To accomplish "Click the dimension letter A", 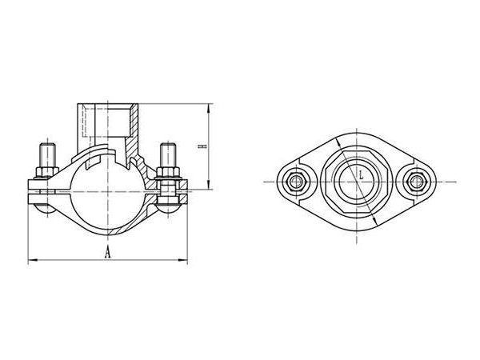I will [x=106, y=253].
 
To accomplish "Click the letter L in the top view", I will [x=362, y=172].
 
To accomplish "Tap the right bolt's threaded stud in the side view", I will [x=168, y=153].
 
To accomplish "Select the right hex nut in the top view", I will [x=414, y=182].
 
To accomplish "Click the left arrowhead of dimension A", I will [x=31, y=260].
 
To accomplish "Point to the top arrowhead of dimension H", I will [x=210, y=106].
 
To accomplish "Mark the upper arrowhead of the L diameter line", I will [x=340, y=142].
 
